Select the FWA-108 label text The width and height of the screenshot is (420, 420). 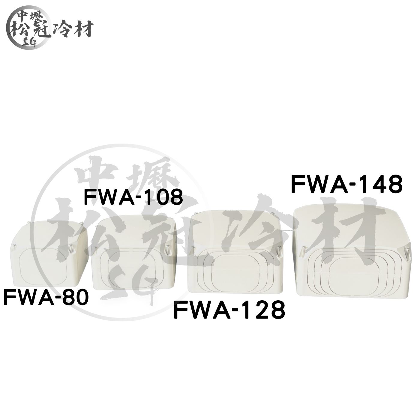click(133, 197)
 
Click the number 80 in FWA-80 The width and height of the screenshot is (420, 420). click(74, 298)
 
